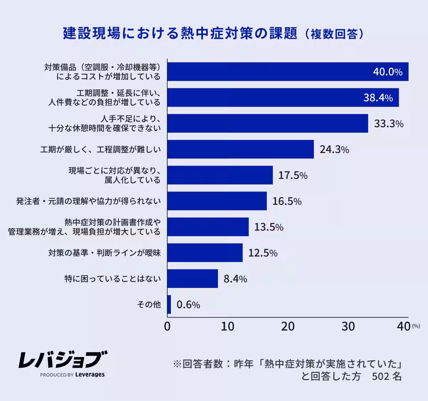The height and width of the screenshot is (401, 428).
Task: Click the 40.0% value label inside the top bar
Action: [388, 72]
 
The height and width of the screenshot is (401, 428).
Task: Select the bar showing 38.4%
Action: [283, 97]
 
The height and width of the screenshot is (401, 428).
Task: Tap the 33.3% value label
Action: [389, 124]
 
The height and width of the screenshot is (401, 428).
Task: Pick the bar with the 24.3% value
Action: [240, 149]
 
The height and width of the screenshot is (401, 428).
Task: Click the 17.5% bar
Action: [220, 175]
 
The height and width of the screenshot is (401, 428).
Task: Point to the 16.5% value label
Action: [287, 201]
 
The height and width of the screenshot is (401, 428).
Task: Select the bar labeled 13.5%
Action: [208, 227]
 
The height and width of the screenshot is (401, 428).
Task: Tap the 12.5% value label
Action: [263, 253]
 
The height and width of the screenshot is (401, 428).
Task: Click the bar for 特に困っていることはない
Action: [193, 279]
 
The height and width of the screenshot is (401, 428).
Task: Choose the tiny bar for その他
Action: [169, 305]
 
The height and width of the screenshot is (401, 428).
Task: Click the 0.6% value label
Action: [188, 305]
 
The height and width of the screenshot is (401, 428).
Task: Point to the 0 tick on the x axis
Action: [167, 326]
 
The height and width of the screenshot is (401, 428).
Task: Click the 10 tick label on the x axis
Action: [228, 326]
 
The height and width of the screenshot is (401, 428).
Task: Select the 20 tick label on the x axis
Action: [288, 326]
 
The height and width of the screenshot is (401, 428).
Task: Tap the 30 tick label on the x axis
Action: [348, 326]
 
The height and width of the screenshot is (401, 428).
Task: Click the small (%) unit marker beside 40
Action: [416, 326]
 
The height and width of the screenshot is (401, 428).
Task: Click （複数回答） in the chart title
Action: [334, 34]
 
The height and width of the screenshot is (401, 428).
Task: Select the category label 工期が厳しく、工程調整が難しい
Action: [100, 149]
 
